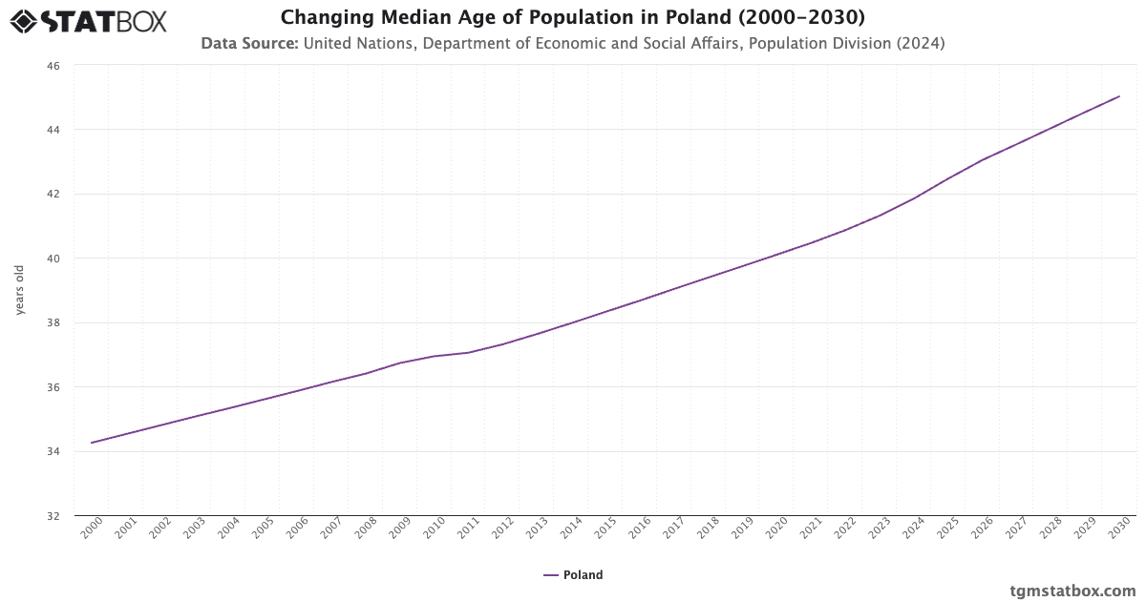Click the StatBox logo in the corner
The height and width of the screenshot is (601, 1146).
89,21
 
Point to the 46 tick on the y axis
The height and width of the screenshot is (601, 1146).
53,66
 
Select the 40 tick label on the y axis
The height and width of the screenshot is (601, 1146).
53,259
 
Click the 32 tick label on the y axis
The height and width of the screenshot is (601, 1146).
53,516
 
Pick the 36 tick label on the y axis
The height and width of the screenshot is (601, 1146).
53,387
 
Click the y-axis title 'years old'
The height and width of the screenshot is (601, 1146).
19,290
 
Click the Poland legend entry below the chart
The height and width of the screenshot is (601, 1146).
573,575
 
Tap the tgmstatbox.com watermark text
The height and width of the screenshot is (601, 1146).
1073,591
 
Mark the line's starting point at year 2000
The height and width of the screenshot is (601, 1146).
92,443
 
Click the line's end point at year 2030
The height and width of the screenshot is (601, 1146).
1119,96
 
